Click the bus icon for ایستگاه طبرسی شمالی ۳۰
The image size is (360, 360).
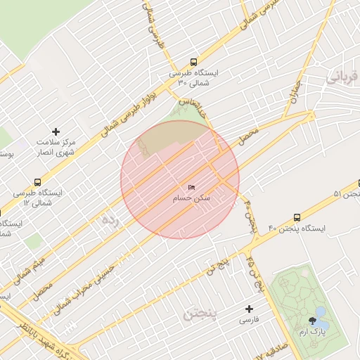pos(193,61)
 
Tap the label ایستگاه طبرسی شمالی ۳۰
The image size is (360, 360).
pos(193,78)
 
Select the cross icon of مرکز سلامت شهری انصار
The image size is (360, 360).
pos(56,131)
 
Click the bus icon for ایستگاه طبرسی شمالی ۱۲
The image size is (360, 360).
pos(37,181)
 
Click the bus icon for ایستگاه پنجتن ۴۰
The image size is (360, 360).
pos(297,217)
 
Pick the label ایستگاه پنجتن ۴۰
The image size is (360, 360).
pos(297,229)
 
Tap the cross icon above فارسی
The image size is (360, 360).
pos(249,309)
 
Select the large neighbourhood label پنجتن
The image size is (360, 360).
pos(200,314)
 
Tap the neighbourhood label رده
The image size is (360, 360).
pos(110,220)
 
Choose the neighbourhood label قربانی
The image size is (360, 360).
pos(345,76)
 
